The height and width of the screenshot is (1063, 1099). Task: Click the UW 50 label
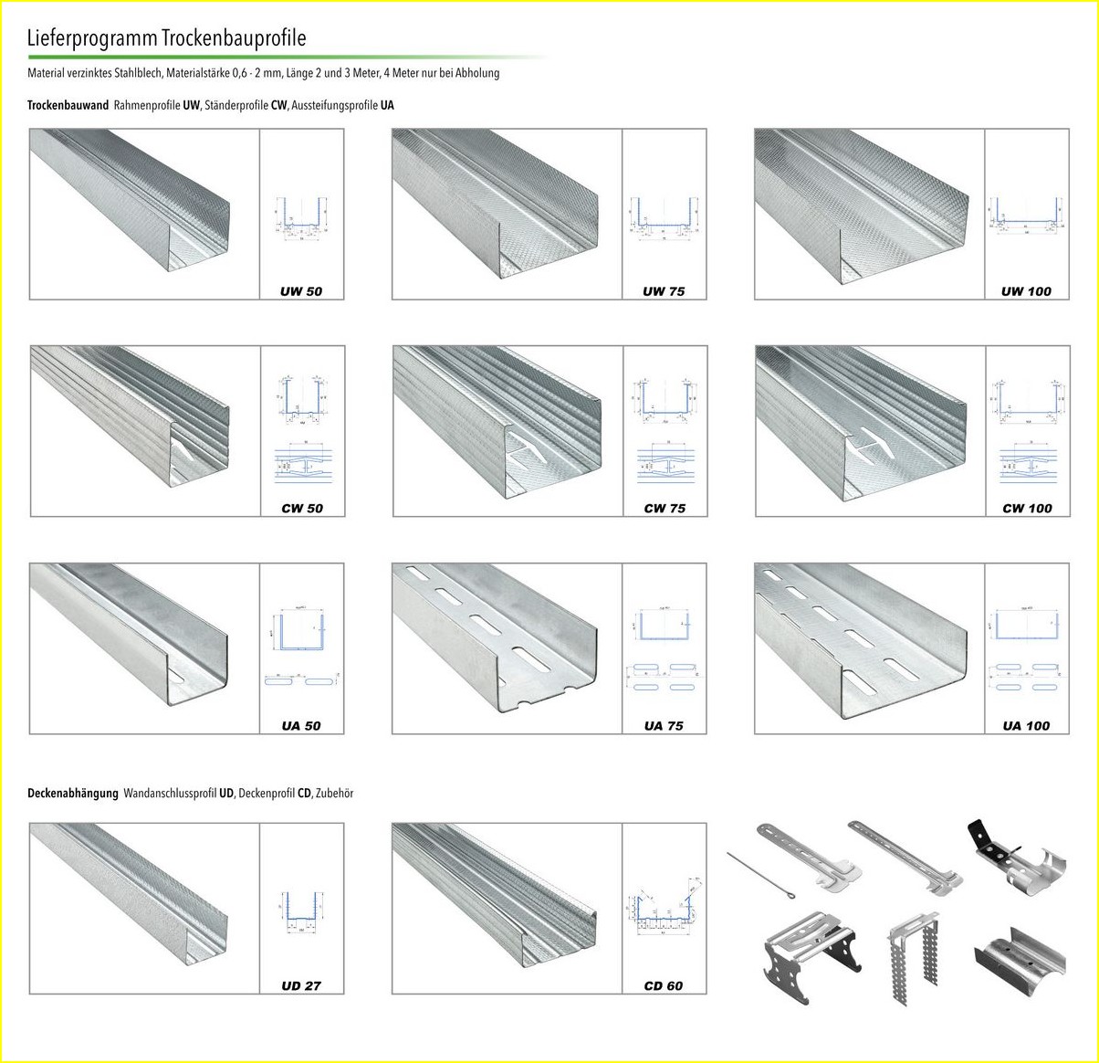[301, 291]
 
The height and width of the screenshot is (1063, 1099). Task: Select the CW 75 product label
[664, 508]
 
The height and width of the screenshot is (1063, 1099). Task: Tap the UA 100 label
[1026, 726]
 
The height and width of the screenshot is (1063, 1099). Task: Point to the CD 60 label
[664, 985]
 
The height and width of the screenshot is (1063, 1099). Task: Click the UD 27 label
[301, 985]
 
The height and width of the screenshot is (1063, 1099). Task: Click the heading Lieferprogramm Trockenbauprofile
[166, 38]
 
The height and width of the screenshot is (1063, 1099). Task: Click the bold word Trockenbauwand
[68, 105]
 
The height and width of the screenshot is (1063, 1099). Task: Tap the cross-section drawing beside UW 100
[1027, 216]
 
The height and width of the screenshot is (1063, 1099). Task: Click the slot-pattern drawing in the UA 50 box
[301, 680]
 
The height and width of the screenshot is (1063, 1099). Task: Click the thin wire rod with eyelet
[763, 874]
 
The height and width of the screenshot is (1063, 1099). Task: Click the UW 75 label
[664, 291]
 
